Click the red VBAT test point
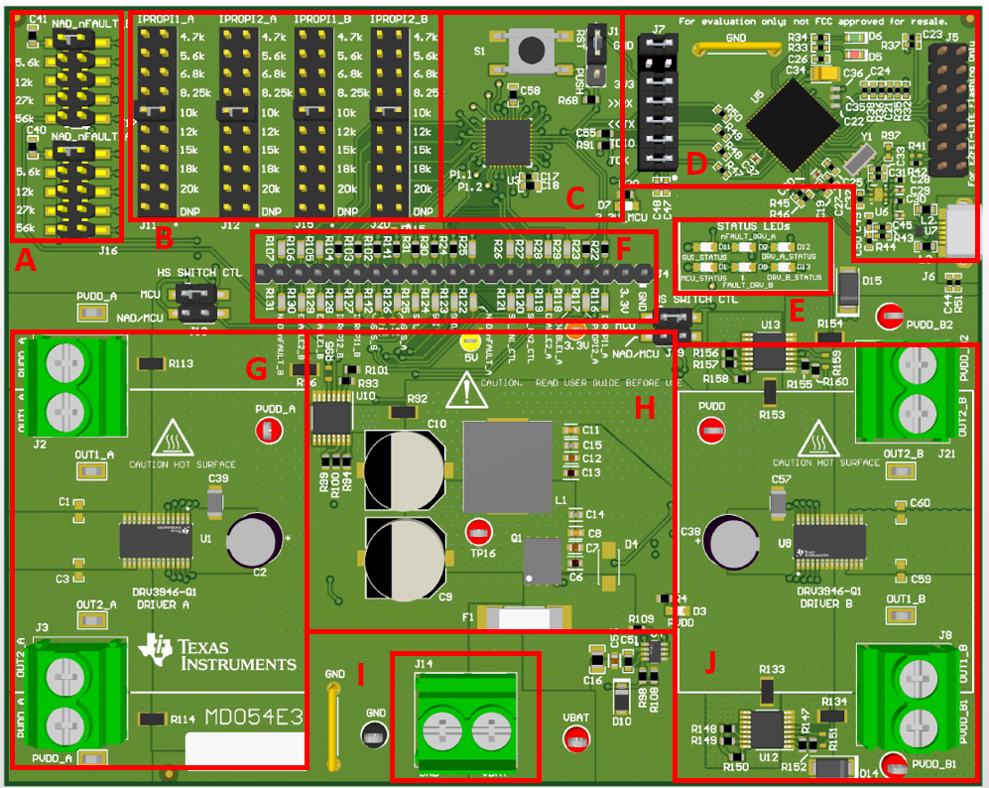coord(575,738)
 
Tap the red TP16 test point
coord(479,530)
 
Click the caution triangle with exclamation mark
coord(463,390)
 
